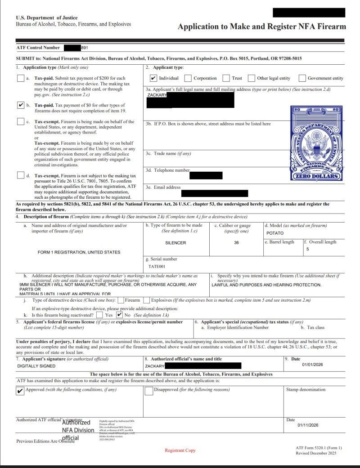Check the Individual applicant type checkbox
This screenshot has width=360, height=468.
(153, 78)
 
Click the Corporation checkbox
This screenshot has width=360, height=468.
(188, 78)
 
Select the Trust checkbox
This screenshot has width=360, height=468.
(226, 78)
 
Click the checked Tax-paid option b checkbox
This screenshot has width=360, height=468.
(20, 105)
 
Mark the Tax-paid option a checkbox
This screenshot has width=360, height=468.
(20, 78)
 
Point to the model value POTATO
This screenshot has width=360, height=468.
(275, 233)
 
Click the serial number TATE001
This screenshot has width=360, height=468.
(157, 266)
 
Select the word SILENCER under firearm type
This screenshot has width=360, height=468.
(175, 243)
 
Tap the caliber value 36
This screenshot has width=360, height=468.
(236, 243)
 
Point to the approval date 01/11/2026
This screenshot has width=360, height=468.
(308, 425)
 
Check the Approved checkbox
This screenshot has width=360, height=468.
(20, 391)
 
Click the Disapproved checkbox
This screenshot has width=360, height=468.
(149, 391)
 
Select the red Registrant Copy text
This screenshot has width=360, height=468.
(180, 450)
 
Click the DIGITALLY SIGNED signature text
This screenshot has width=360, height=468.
(36, 366)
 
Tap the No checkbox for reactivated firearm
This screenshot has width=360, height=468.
(119, 315)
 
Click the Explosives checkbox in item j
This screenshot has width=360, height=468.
(147, 300)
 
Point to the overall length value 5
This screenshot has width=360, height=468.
(308, 249)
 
